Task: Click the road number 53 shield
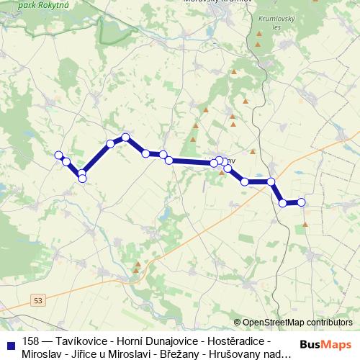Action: click(38, 299)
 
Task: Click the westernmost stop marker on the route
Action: click(59, 154)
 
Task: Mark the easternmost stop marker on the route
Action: click(301, 202)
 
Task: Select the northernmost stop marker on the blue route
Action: click(125, 137)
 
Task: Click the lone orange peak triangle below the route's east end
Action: click(305, 224)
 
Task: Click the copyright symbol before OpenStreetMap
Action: click(238, 322)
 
